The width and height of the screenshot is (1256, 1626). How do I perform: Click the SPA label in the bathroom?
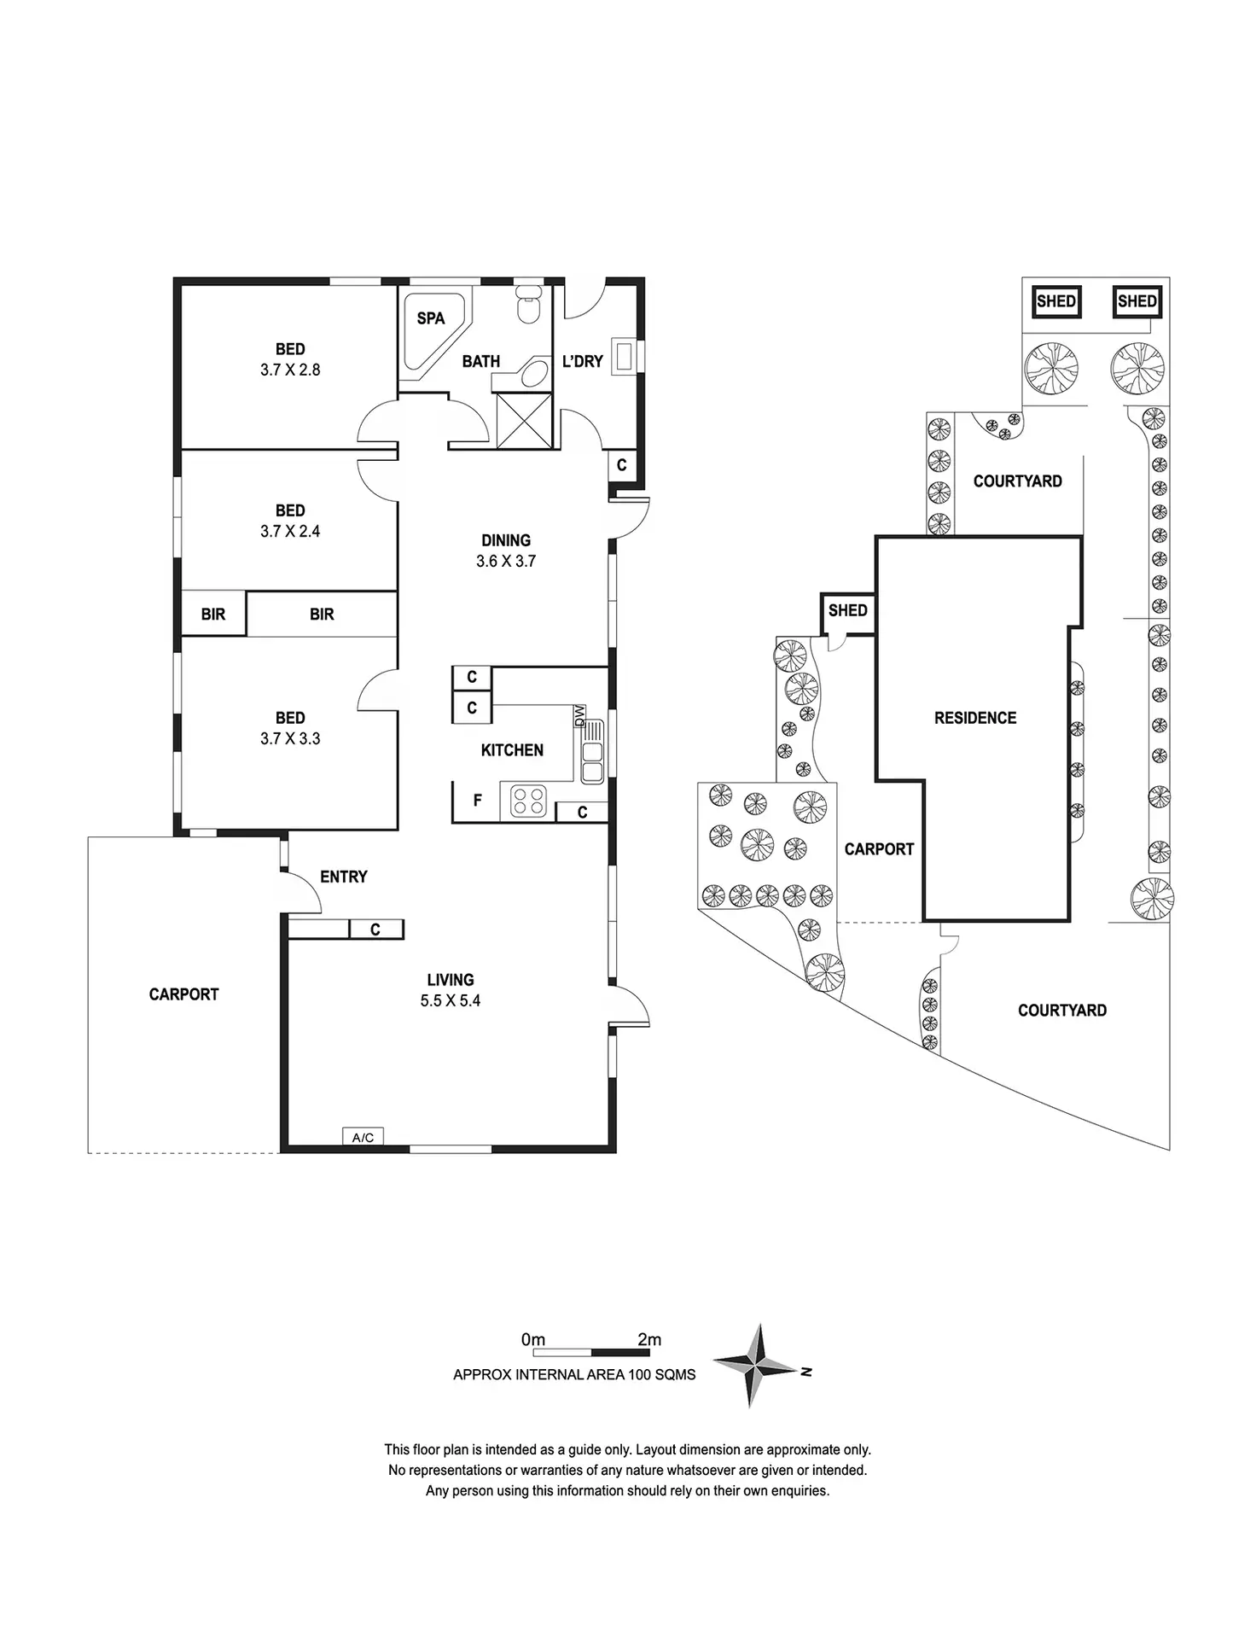(431, 318)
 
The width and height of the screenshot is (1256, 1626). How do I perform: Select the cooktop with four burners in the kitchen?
(528, 801)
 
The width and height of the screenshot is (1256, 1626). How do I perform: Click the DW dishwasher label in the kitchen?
(580, 715)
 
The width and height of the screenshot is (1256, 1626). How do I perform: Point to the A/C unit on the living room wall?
(363, 1137)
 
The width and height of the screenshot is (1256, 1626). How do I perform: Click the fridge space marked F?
(478, 801)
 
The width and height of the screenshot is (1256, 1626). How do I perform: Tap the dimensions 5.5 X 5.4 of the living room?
(451, 1000)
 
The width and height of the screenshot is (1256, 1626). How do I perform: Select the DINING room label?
(506, 540)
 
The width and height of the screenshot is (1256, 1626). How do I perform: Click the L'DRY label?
(583, 361)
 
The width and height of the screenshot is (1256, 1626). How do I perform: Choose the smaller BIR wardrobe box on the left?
(213, 614)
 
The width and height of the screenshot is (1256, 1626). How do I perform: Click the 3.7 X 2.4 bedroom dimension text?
(290, 531)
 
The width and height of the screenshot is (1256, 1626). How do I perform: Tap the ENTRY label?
(344, 877)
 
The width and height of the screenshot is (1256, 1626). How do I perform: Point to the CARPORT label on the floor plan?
(184, 994)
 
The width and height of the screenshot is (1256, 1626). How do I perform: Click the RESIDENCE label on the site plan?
(975, 718)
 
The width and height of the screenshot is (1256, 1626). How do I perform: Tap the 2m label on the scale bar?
(649, 1339)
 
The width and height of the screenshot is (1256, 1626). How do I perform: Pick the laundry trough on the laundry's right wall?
(626, 358)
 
